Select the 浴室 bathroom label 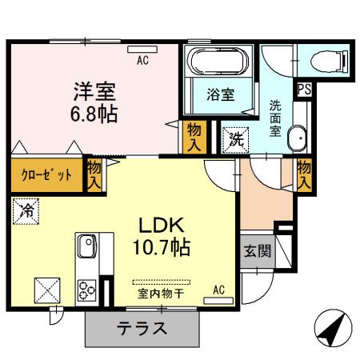[x=220, y=94]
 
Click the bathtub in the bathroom [x=220, y=62]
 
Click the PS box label [x=305, y=89]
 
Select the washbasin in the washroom [x=298, y=138]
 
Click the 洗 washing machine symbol [x=235, y=138]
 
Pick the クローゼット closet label [x=46, y=174]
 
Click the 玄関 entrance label [x=257, y=250]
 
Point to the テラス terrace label [x=143, y=328]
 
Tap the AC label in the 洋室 [x=142, y=59]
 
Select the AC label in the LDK [x=218, y=290]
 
